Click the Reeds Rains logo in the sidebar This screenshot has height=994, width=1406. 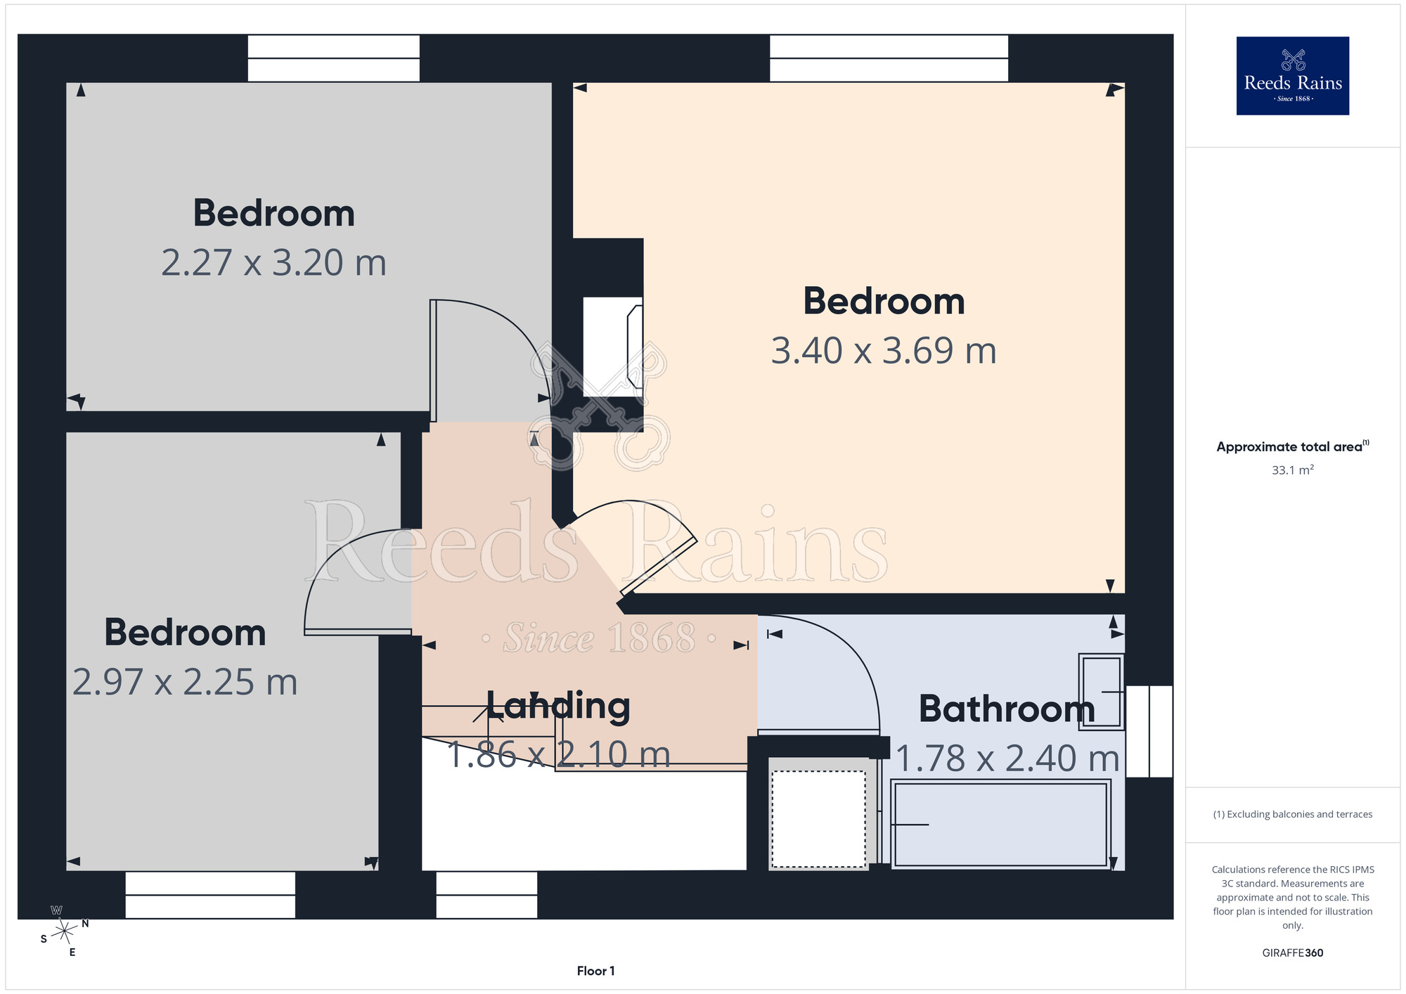[1292, 76]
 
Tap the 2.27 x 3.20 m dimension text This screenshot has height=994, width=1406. [274, 263]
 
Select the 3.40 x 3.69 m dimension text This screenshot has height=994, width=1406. [884, 351]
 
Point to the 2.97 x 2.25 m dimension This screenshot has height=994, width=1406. [185, 683]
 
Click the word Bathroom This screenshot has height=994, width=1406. [1007, 709]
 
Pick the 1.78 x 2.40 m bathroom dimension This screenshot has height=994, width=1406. [1007, 759]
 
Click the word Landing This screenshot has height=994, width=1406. [558, 706]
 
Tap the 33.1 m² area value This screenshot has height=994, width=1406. [1292, 470]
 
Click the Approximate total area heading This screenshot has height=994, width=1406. [1292, 446]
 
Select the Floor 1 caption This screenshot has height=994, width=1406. [595, 971]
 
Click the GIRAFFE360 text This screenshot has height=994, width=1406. [1292, 953]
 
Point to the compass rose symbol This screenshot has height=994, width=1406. [64, 931]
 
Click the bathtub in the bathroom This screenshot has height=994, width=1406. [1000, 824]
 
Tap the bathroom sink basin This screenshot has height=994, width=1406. [1101, 692]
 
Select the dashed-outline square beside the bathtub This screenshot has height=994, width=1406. [818, 819]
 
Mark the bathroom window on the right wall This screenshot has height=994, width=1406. [1149, 731]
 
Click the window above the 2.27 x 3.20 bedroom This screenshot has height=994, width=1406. [333, 58]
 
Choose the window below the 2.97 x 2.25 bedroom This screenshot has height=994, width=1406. [210, 895]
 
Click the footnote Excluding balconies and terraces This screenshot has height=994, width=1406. [1292, 814]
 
